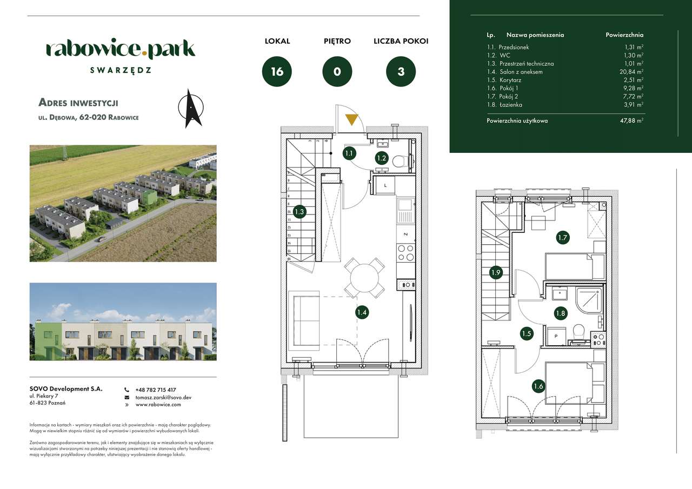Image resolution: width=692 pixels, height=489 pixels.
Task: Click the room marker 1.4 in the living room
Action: pos(362,312)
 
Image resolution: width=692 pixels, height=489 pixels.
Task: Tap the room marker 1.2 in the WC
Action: pos(382,158)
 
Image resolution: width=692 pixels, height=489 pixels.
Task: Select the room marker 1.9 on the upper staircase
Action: pos(496,272)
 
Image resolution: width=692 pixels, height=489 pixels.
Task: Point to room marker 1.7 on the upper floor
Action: pos(562,236)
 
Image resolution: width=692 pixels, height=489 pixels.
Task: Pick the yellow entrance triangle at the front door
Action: pos(351,119)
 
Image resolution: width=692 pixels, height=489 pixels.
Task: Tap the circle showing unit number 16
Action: pos(277,71)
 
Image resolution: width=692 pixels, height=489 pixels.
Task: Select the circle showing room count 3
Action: pos(401,71)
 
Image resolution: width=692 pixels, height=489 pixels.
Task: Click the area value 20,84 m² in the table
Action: pos(632,72)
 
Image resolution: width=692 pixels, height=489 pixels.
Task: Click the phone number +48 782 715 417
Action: pos(156,390)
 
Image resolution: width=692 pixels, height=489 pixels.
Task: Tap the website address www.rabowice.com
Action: pos(158,404)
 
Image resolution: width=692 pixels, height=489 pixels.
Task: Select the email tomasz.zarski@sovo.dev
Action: pos(163,397)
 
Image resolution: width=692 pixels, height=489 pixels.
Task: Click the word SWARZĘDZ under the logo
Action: pos(120,70)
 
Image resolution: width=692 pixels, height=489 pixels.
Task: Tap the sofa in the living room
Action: pos(305,319)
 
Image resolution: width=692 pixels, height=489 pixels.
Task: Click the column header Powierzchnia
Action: pos(624,35)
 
